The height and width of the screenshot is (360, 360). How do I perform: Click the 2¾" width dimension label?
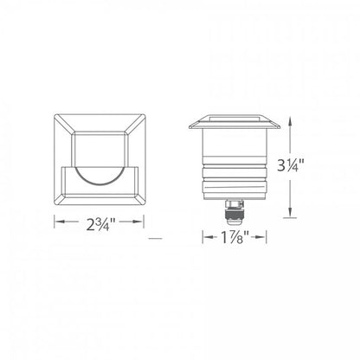(99, 224)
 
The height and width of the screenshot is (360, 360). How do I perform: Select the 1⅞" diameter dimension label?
(235, 237)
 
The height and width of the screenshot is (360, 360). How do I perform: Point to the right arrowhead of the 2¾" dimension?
(138, 222)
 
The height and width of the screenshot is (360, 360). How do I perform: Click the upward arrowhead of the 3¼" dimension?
(290, 125)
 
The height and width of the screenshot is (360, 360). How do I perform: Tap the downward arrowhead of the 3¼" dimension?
(290, 212)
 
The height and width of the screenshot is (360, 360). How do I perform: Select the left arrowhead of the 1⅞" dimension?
(208, 237)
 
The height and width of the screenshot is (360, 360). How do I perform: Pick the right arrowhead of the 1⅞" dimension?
(260, 237)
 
